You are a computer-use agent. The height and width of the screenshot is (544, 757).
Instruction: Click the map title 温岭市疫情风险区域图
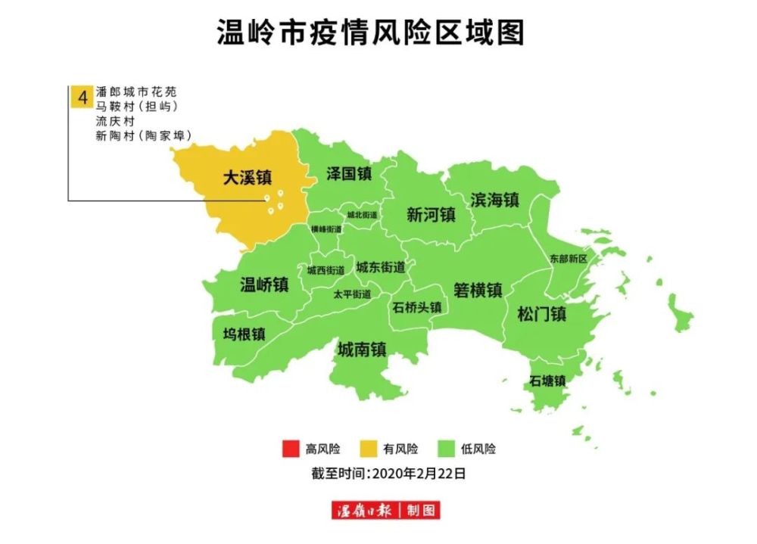(x=370, y=33)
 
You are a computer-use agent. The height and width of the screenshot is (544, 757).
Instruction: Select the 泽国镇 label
(x=349, y=173)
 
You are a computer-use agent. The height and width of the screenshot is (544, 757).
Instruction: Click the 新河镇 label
(x=431, y=215)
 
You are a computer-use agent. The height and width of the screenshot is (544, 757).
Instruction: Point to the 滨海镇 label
(x=494, y=200)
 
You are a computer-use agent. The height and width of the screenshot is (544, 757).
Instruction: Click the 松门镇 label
(x=542, y=313)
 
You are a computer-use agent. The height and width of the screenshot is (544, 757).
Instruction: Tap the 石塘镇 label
(x=547, y=381)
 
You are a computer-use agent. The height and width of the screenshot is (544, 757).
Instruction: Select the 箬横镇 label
(x=478, y=290)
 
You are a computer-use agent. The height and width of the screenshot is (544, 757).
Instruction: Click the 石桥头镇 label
(x=417, y=308)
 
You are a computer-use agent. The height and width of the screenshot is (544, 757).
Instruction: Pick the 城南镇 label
(x=362, y=350)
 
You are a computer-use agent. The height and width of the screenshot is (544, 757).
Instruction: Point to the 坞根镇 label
(x=244, y=334)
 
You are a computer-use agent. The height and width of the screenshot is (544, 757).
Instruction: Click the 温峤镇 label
(x=264, y=284)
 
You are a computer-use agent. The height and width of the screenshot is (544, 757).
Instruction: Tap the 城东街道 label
(x=381, y=267)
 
